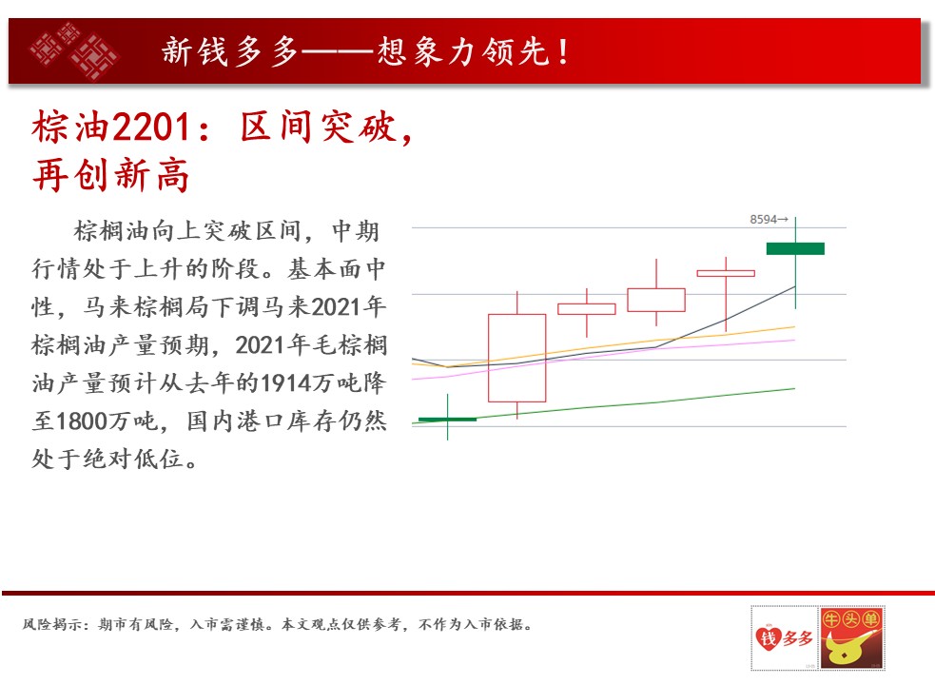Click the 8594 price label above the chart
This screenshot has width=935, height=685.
pos(763,220)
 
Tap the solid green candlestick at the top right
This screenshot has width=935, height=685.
pos(795,248)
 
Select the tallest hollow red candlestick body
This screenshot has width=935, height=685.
pos(517,358)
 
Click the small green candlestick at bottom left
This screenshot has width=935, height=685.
pos(447,420)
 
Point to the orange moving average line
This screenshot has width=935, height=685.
pos(603,346)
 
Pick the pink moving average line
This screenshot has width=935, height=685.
pos(603,356)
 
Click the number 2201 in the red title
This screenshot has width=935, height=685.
pos(151,127)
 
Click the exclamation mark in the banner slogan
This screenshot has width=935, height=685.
pos(563,51)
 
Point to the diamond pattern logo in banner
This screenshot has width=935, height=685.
pos(74,51)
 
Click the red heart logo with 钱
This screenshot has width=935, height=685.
pos(768,638)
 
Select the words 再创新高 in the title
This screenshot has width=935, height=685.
pos(111,175)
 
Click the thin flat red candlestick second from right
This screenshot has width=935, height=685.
pos(726,273)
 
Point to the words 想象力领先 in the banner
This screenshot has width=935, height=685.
pos(462,51)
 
